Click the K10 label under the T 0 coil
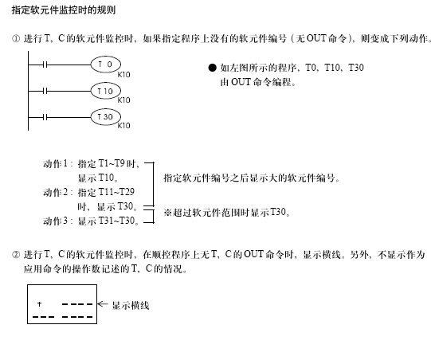(124, 75)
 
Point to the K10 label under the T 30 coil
(124, 126)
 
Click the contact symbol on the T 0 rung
(45, 65)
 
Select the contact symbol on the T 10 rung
(45, 91)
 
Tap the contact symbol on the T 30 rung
(45, 117)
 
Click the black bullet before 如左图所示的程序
(212, 68)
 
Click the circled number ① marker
(16, 39)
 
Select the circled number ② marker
(16, 255)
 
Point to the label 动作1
(55, 164)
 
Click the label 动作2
(55, 192)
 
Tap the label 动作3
(55, 221)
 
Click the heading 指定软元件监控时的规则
(64, 10)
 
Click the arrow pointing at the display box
(103, 304)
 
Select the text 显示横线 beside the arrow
(131, 305)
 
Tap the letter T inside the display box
(40, 304)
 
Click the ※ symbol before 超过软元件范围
(167, 213)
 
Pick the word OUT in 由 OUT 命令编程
(241, 82)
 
